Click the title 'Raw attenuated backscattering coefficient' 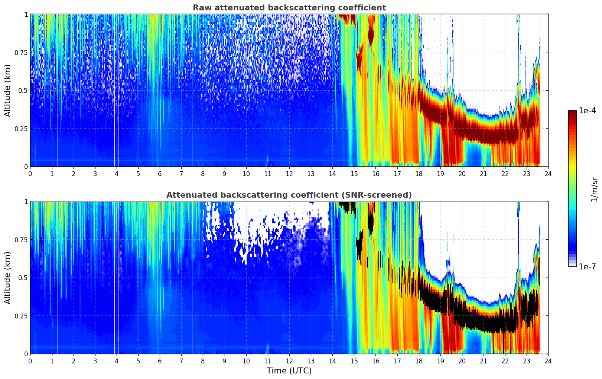[289, 8]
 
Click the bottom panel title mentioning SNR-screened [289, 195]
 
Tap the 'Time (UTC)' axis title [289, 371]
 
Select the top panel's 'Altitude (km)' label [8, 90]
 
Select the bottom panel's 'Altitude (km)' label [8, 278]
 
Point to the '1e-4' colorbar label [587, 111]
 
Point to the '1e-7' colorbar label [587, 266]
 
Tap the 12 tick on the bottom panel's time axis [289, 361]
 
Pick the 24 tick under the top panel [548, 174]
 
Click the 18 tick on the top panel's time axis [419, 174]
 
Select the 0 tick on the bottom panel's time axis [30, 361]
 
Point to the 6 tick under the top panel [160, 174]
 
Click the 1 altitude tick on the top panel [26, 14]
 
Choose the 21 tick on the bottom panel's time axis [483, 361]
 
